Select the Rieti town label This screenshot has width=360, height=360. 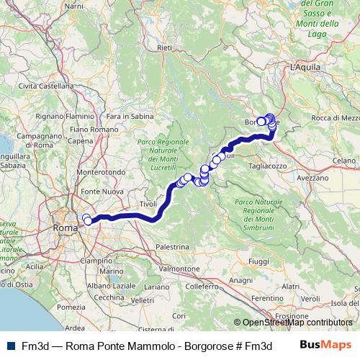(x=165, y=48)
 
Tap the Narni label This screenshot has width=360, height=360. (x=74, y=6)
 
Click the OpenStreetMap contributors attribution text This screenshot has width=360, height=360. (x=298, y=323)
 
